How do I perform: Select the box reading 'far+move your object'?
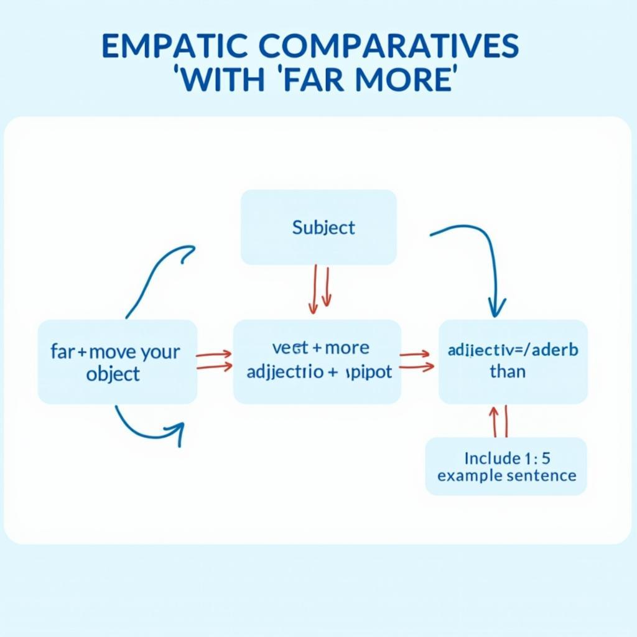click(x=118, y=362)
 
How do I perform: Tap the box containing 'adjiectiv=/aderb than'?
click(x=513, y=361)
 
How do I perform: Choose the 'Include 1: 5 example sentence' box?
click(x=506, y=467)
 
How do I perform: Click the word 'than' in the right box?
click(x=508, y=372)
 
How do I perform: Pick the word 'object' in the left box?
click(x=114, y=374)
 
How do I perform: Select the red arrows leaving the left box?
click(x=215, y=361)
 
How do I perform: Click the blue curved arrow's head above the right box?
click(x=496, y=306)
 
